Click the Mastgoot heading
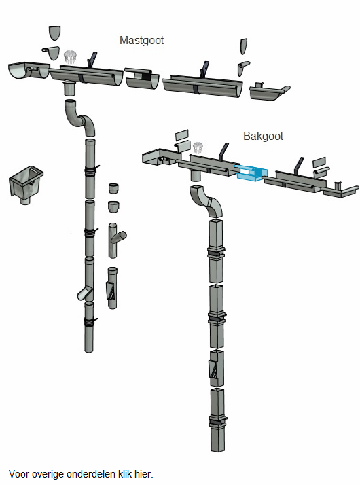point(141,41)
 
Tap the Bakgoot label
point(263,136)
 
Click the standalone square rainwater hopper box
point(26,184)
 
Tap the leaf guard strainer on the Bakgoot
point(198,147)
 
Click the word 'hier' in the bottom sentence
point(145,474)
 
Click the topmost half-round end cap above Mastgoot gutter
point(55,33)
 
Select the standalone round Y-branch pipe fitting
point(116,240)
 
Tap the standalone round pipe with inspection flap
point(112,287)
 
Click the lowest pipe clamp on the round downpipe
point(90,322)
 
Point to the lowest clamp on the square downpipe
point(218,423)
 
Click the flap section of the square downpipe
point(217,368)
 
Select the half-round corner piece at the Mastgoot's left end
point(28,71)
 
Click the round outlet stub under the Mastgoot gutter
point(69,88)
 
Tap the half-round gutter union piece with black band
point(142,79)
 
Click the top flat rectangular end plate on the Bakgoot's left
point(182,135)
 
